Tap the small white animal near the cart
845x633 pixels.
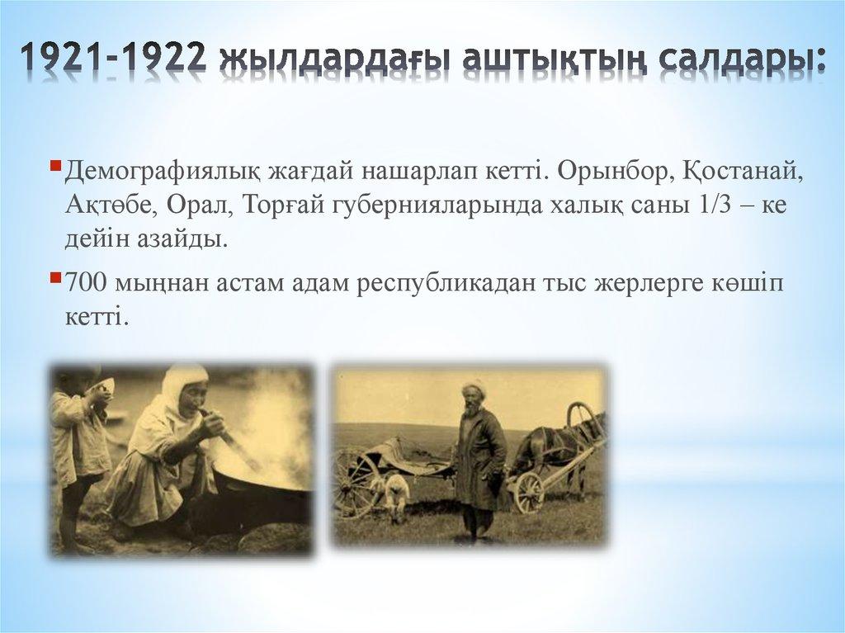[x=397, y=493]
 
